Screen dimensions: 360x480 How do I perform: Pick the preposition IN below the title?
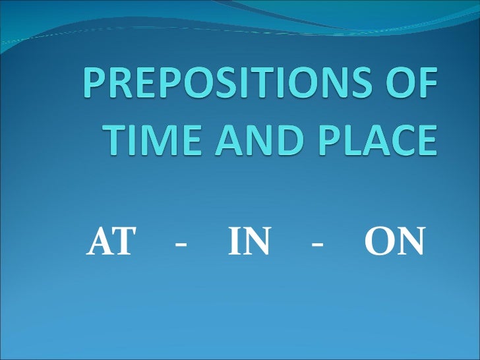pos(249,245)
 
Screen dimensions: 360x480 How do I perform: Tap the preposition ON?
pos(394,245)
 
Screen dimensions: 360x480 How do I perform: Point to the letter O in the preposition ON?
pos(378,245)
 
